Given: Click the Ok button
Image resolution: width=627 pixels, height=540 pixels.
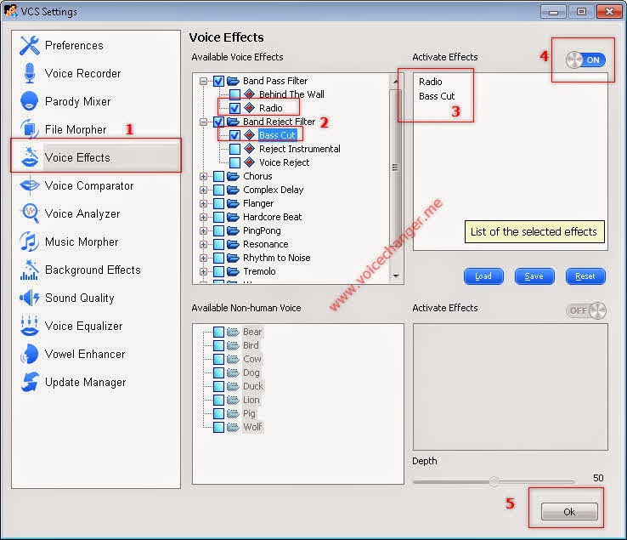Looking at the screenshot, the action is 569,512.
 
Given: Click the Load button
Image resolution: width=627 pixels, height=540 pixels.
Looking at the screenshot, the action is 483,276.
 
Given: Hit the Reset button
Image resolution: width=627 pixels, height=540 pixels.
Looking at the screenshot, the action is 585,276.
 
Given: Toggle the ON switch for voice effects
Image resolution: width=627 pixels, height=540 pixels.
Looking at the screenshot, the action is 586,60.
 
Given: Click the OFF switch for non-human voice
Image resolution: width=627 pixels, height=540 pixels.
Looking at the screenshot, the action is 586,310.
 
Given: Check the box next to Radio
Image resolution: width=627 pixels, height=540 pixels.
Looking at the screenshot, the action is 234,108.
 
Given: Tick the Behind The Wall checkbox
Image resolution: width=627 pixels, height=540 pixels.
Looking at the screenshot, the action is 234,94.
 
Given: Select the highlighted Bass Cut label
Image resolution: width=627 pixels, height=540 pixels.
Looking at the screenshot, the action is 277,135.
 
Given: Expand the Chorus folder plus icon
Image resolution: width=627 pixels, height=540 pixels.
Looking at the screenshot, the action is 204,176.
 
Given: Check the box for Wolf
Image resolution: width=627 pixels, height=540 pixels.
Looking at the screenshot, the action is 218,427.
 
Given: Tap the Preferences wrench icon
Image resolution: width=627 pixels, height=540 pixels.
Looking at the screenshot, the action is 30,45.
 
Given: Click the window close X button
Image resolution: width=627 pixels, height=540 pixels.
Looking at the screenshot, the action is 609,12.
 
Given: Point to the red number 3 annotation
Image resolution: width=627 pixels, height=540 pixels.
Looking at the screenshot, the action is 456,111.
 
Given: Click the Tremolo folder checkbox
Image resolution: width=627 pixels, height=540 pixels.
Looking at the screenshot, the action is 218,271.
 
